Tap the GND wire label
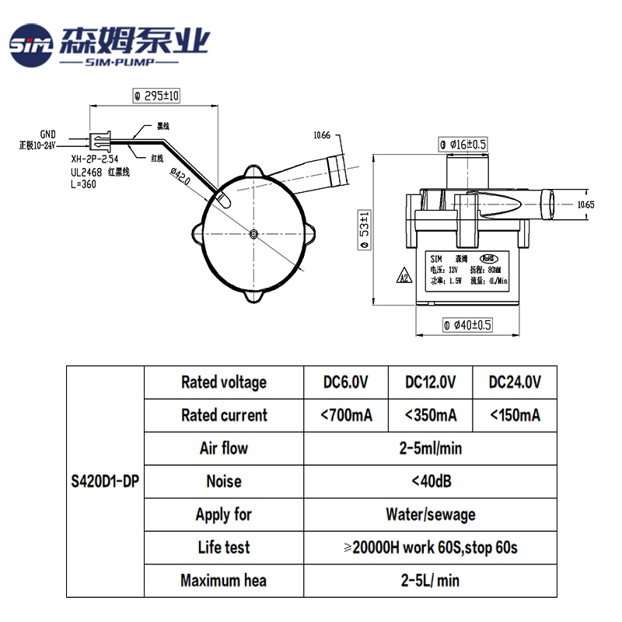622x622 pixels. pos(48,134)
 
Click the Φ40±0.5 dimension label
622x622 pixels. pos(467,325)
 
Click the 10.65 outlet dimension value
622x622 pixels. pos(585,204)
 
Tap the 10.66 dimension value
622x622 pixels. pos(322,135)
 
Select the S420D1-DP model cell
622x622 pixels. pos(106,481)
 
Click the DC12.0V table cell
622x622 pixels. pos(430,382)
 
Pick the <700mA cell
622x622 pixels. pos(346,415)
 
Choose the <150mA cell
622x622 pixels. pos(515,415)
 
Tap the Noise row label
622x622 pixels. pos(224,481)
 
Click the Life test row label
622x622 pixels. pos(224,547)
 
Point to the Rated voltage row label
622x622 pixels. pos(224,382)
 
